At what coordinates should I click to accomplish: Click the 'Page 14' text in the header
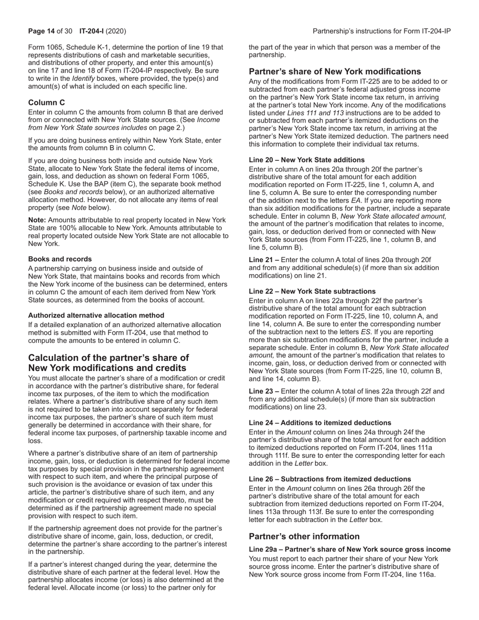(41, 31)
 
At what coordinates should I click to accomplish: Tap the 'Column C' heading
(46, 102)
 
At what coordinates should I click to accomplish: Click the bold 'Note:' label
(37, 220)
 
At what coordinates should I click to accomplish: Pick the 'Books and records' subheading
(60, 259)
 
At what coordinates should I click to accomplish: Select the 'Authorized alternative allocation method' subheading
(96, 315)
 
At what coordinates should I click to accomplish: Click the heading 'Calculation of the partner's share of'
(108, 358)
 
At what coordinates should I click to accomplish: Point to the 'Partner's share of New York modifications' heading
(335, 72)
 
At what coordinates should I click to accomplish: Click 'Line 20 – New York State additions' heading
(307, 160)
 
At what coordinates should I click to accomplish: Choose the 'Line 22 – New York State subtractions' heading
(312, 291)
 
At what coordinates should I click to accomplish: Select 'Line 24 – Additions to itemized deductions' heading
(319, 423)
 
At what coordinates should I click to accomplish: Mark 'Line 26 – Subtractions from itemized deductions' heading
(330, 479)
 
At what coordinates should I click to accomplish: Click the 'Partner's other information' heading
(304, 536)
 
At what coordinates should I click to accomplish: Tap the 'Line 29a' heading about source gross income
(349, 549)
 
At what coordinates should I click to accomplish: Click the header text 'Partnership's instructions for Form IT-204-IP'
(382, 31)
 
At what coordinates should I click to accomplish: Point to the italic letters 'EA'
(356, 200)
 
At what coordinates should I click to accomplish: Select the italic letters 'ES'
(366, 332)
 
